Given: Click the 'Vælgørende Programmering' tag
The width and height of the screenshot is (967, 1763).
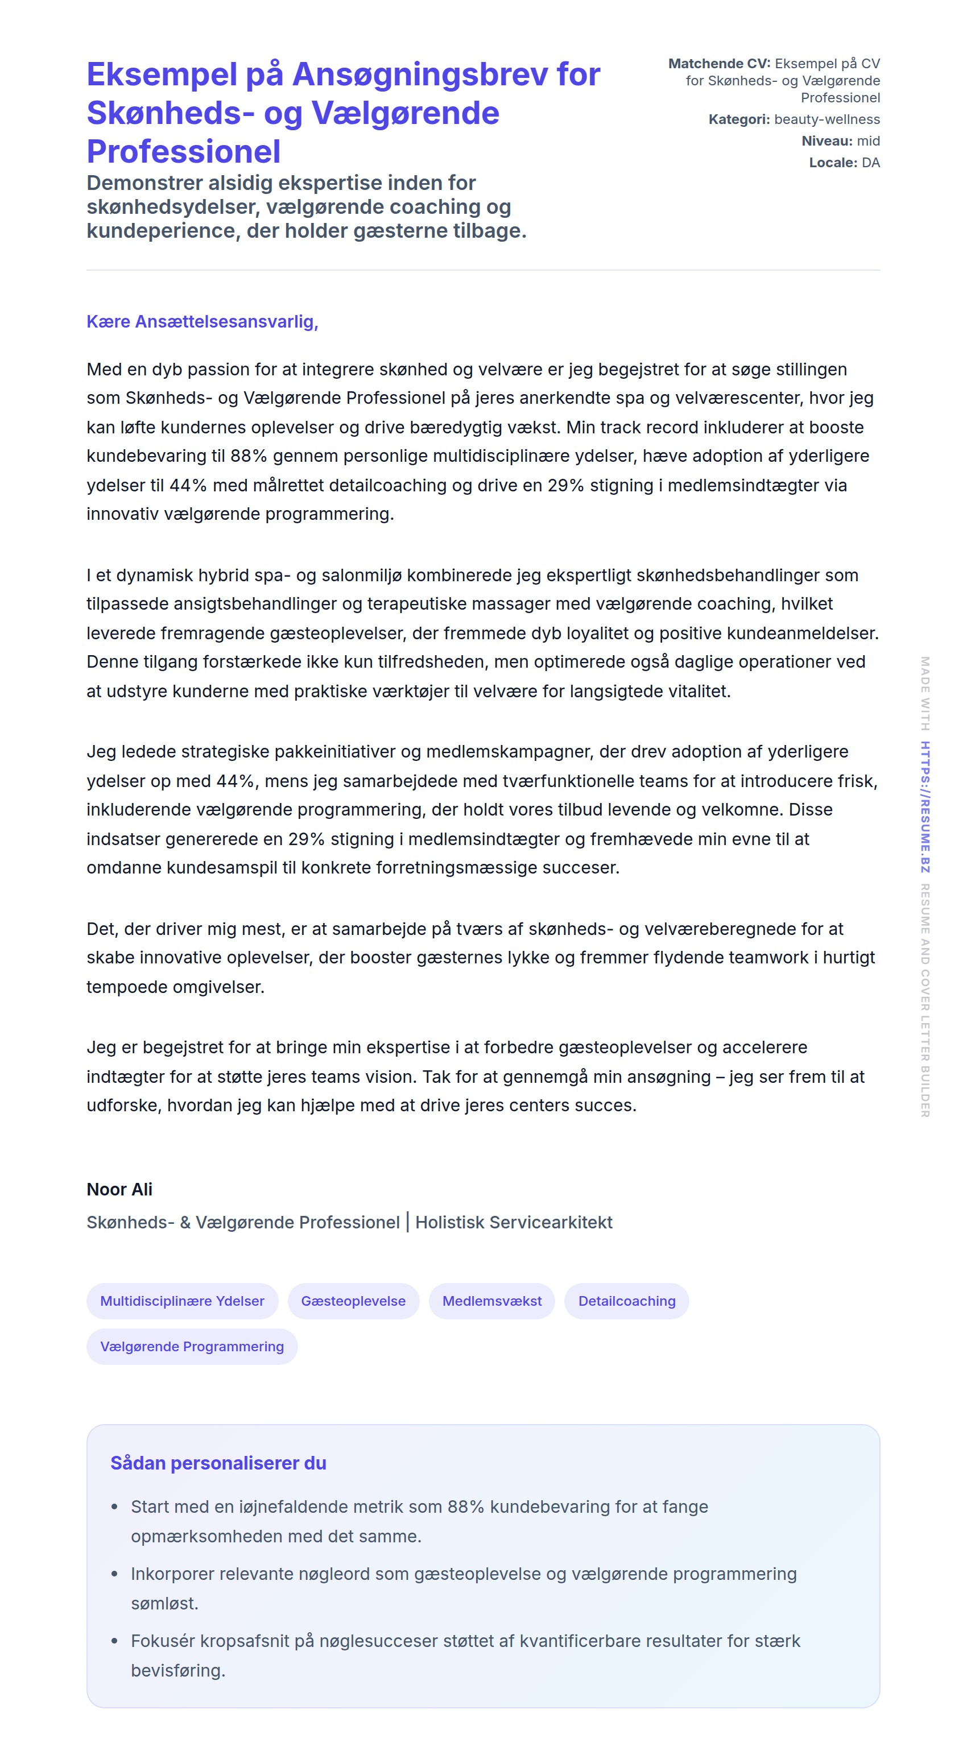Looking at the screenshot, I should click(x=192, y=1346).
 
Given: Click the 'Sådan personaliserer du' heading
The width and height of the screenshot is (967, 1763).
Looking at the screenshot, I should click(x=218, y=1463).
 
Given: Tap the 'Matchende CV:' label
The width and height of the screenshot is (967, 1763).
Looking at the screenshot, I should click(x=718, y=64).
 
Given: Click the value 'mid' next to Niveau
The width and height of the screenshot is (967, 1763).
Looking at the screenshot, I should click(x=868, y=141).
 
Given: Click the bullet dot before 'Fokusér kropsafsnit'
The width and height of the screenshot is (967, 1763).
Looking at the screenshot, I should click(x=114, y=1641).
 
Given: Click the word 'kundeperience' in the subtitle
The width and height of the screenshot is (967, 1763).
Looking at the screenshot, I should click(x=163, y=231).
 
